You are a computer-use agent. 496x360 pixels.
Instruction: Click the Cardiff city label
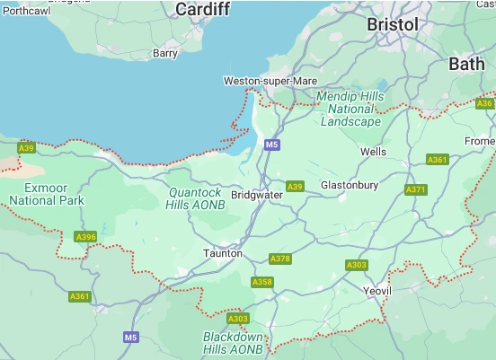[203, 9]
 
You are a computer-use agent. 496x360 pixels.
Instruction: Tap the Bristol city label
[393, 25]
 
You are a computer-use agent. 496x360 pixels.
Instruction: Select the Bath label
[465, 64]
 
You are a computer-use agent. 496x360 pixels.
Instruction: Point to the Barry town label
[164, 53]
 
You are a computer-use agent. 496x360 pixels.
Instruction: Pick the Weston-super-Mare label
[270, 81]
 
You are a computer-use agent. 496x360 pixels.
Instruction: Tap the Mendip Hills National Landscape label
[350, 109]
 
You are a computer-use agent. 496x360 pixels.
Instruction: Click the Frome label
[480, 142]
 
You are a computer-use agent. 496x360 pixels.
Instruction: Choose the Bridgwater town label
[257, 194]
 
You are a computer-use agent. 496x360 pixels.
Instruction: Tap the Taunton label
[222, 253]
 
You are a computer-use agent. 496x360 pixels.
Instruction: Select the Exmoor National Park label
[46, 194]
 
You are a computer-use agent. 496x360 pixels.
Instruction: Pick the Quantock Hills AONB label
[195, 198]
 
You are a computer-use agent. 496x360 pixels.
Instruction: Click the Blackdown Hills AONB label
[234, 343]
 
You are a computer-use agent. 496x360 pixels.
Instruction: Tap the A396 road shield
[85, 237]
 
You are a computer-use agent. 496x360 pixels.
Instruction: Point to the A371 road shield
[416, 189]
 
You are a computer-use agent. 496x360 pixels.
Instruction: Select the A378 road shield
[280, 259]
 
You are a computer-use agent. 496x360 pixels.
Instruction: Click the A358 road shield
[261, 282]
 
